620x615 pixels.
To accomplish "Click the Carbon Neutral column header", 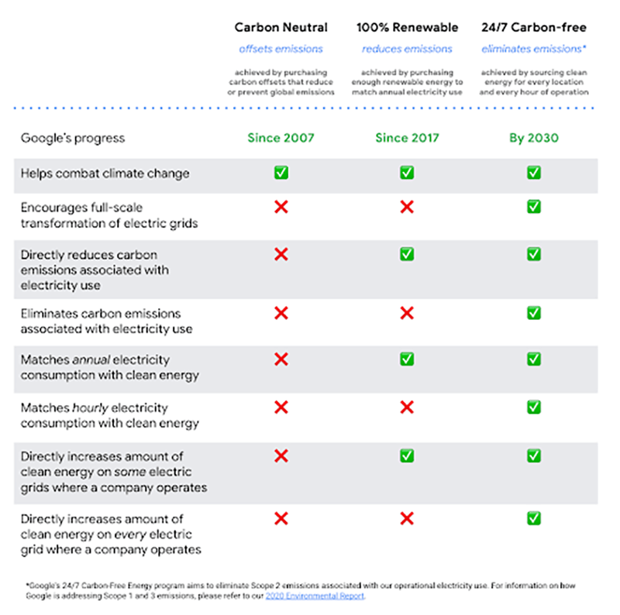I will pyautogui.click(x=281, y=27).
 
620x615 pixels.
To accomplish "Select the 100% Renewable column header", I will pyautogui.click(x=407, y=27).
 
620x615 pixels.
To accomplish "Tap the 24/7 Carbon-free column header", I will pyautogui.click(x=533, y=27).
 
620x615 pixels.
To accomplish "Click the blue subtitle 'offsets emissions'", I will pyautogui.click(x=281, y=49).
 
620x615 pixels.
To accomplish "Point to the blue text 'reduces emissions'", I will pyautogui.click(x=407, y=49).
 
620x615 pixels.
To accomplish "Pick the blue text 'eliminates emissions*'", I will pyautogui.click(x=533, y=49).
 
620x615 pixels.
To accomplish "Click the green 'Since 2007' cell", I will pyautogui.click(x=281, y=138).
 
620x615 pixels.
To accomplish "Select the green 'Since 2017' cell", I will pyautogui.click(x=407, y=138).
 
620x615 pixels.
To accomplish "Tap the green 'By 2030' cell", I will pyautogui.click(x=533, y=138).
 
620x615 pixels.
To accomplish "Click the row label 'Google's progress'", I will pyautogui.click(x=72, y=138).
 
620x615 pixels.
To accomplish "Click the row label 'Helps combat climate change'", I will pyautogui.click(x=105, y=174).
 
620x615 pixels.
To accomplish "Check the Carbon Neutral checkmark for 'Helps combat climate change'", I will pyautogui.click(x=281, y=173).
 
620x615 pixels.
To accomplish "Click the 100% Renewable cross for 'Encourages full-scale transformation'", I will pyautogui.click(x=407, y=207).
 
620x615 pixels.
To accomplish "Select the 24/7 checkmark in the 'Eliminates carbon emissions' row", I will pyautogui.click(x=534, y=313).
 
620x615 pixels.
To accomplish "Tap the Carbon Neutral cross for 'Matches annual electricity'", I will pyautogui.click(x=281, y=359).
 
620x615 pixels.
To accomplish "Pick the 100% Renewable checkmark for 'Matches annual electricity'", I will pyautogui.click(x=407, y=359).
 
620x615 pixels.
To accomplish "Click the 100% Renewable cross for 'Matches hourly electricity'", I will pyautogui.click(x=407, y=407).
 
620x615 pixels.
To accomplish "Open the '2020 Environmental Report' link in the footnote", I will pyautogui.click(x=314, y=596).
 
